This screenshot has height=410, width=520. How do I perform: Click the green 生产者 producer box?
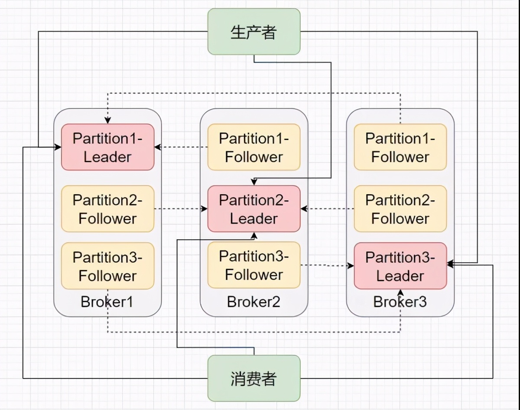click(254, 32)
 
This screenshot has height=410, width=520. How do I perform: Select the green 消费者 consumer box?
click(254, 378)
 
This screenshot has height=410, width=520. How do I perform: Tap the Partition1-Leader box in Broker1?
click(107, 147)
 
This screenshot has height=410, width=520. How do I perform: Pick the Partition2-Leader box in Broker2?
click(254, 209)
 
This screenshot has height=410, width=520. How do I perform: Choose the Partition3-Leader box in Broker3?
click(400, 266)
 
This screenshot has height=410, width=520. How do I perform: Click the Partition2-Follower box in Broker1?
click(107, 209)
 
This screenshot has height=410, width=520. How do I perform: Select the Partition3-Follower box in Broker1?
click(107, 266)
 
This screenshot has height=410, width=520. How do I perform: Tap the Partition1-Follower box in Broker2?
click(254, 147)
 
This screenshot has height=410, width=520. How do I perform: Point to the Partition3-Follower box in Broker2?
click(254, 265)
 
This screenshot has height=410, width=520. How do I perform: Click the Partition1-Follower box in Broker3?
click(400, 147)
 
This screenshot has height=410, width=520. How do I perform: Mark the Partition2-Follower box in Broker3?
click(400, 209)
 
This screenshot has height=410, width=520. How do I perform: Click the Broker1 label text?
click(107, 302)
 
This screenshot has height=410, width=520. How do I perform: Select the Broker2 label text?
click(253, 302)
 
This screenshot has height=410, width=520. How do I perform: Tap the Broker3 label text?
click(400, 302)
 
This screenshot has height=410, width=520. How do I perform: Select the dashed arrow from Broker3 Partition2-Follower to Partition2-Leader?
click(327, 209)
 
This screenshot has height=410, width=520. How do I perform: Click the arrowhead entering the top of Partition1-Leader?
click(107, 120)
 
